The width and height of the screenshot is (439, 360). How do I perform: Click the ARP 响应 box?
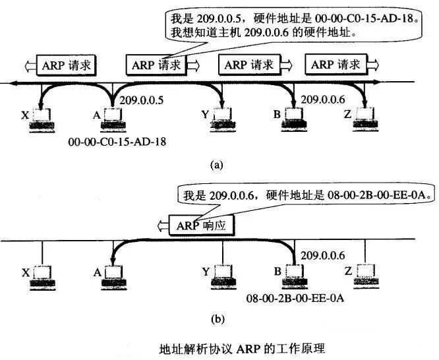tap(202, 225)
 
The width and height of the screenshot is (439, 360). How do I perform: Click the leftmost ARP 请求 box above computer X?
tap(67, 65)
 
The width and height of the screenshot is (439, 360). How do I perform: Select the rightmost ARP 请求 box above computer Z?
tap(336, 65)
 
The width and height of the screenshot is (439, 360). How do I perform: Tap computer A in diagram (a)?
tap(113, 119)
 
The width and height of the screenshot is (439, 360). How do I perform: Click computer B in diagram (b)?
tap(295, 277)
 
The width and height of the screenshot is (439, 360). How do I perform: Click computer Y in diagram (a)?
tap(223, 119)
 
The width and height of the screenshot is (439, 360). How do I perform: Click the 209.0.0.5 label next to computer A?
tap(141, 100)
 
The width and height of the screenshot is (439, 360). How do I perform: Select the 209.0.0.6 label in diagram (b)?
tap(322, 256)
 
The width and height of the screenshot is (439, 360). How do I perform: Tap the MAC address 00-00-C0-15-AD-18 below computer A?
tap(117, 142)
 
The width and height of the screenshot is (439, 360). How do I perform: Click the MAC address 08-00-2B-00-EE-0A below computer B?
tap(295, 298)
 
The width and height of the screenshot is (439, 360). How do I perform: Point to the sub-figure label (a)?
tap(217, 165)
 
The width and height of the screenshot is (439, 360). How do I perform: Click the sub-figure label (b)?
tap(218, 319)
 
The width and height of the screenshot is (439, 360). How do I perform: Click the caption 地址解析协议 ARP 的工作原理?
tap(242, 349)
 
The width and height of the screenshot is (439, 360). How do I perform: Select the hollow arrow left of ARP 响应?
tap(163, 225)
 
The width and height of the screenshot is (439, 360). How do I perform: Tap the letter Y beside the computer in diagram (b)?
tap(206, 272)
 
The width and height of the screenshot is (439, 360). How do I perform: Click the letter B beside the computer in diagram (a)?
tap(277, 114)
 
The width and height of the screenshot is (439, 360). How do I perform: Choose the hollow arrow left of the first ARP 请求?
tap(30, 67)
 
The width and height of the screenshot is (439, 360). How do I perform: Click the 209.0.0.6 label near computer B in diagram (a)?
tap(322, 100)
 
